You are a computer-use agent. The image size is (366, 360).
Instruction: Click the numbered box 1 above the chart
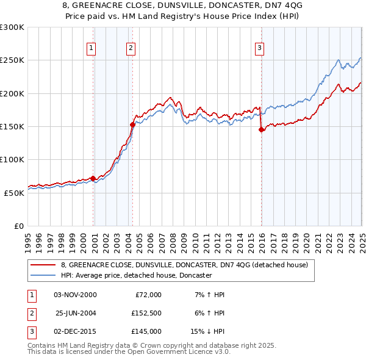point(91,48)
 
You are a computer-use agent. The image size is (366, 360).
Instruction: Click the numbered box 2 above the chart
point(131,48)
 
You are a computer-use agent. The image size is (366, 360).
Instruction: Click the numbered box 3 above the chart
point(259,48)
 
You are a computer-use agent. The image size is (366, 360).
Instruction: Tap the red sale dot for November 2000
point(93,178)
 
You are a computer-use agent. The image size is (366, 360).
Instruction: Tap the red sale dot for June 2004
point(132,124)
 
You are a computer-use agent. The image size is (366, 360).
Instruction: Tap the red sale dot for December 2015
point(261,129)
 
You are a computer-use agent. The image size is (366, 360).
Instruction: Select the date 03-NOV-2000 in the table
point(75,295)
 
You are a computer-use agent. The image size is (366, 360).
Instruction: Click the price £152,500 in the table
point(146,313)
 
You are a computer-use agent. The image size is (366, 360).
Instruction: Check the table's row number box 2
point(30,313)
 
